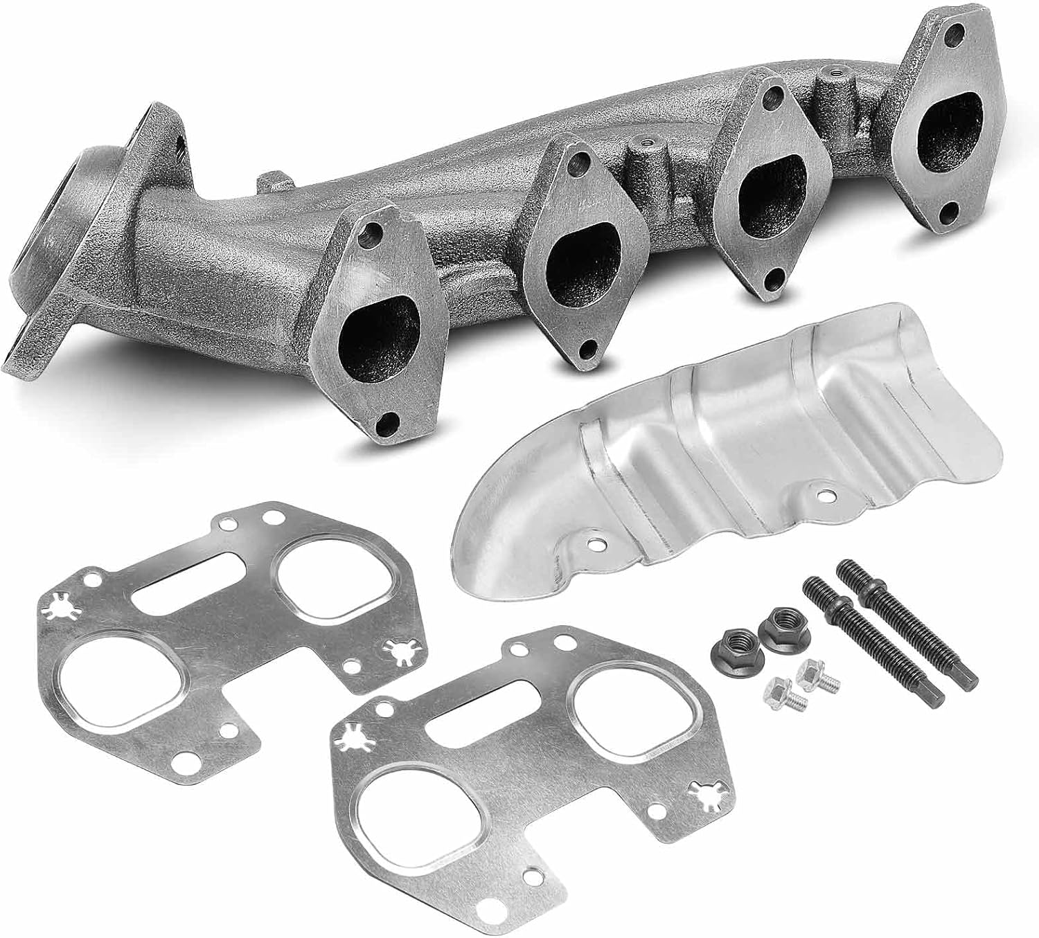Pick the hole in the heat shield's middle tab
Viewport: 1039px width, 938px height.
coord(822,496)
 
